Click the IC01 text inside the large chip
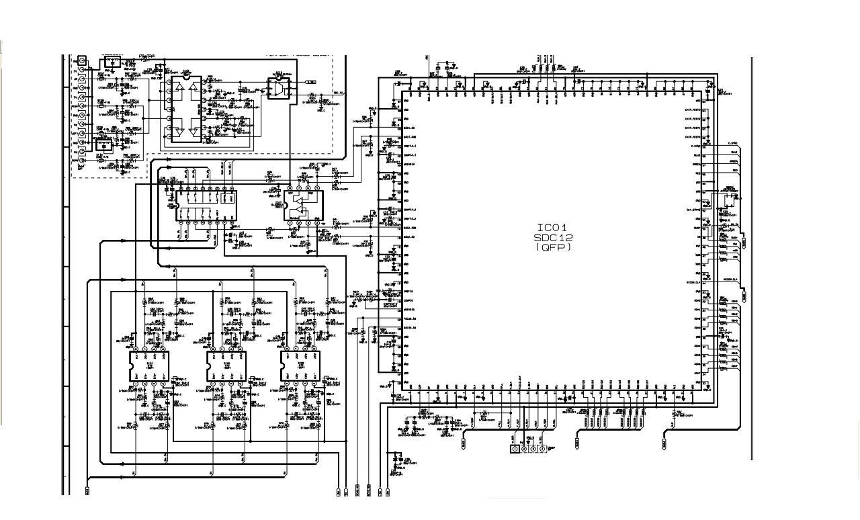pos(553,228)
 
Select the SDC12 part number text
pos(553,238)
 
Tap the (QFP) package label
pos(553,247)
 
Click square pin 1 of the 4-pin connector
pos(515,448)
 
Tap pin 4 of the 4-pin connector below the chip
pos(542,448)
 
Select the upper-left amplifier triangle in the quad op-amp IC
pos(177,88)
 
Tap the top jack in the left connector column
pos(83,60)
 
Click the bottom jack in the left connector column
pos(83,161)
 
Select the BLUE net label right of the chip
pos(734,153)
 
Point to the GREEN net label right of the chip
pos(734,162)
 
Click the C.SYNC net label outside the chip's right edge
pos(733,144)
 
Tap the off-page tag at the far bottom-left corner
pos(87,491)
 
